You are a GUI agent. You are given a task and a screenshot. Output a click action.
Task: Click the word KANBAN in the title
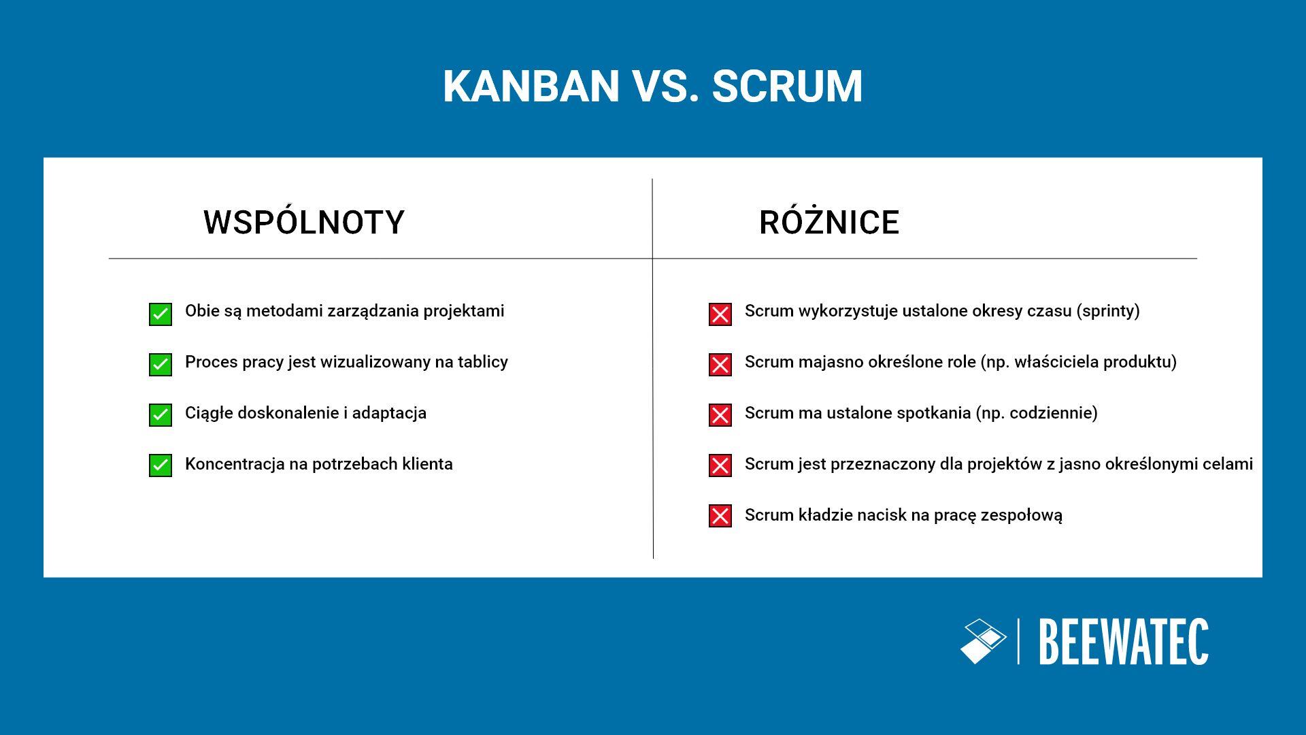[x=531, y=86]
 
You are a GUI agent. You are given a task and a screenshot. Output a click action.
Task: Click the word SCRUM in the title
[x=787, y=86]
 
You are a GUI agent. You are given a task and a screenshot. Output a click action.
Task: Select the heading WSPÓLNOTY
[x=303, y=223]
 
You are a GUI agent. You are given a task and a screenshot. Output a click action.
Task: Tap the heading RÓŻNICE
[x=828, y=223]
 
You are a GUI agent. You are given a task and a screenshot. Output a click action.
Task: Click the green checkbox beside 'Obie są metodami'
[x=161, y=314]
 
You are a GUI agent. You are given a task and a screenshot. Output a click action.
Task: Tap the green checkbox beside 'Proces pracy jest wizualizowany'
[x=161, y=365]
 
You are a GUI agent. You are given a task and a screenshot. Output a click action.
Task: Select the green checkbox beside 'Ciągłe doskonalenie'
[x=161, y=415]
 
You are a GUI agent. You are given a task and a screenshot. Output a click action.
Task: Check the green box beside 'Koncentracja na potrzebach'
[x=161, y=465]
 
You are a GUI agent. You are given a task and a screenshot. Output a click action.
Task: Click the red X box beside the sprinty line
[x=720, y=314]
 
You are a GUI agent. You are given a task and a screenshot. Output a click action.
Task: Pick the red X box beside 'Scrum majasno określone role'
[x=720, y=365]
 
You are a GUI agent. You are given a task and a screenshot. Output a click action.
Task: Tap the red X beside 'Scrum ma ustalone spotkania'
[x=720, y=415]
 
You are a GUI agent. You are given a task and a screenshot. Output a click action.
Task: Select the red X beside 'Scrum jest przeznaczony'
[x=720, y=465]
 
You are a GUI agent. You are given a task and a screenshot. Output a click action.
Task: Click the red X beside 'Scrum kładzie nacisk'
[x=720, y=516]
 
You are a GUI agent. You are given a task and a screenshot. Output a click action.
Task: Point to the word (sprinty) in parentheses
[x=1107, y=312]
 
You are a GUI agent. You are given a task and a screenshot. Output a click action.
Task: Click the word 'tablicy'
[x=483, y=362]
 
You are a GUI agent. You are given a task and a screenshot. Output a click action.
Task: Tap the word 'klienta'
[x=427, y=464]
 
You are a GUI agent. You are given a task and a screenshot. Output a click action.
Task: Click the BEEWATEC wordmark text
[x=1124, y=642]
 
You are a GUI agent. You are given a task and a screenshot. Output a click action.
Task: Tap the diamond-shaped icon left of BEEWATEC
[x=983, y=641]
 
